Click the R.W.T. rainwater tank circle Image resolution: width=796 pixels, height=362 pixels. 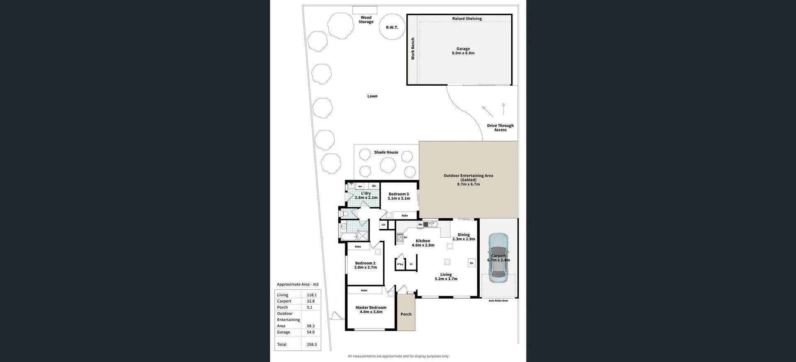tap(392, 27)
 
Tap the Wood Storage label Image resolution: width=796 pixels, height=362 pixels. tap(366, 20)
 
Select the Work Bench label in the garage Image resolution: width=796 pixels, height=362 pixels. tap(413, 49)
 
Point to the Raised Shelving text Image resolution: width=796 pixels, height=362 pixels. tap(467, 19)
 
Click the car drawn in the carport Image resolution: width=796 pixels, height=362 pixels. tap(498, 258)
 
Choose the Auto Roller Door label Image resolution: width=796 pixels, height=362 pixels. tap(498, 301)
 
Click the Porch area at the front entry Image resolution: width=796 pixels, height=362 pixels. tap(406, 314)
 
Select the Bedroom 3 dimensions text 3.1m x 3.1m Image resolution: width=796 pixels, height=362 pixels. tap(398, 198)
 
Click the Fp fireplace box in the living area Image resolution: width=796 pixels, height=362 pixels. tap(471, 263)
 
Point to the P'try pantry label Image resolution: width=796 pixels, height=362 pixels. tap(400, 264)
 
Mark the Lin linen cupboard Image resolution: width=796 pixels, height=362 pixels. tap(383, 225)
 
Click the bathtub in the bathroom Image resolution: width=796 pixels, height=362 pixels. tap(348, 237)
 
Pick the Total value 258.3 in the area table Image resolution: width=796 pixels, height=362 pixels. tap(311, 345)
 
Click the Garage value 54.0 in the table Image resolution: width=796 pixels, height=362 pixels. tap(311, 332)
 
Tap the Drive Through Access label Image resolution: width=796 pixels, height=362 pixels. tap(500, 128)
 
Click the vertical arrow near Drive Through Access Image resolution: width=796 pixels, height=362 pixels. tap(503, 109)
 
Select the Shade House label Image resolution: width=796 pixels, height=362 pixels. tap(386, 152)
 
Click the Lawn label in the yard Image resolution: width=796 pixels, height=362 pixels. tap(372, 96)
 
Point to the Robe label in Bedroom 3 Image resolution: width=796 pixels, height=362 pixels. tap(405, 215)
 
